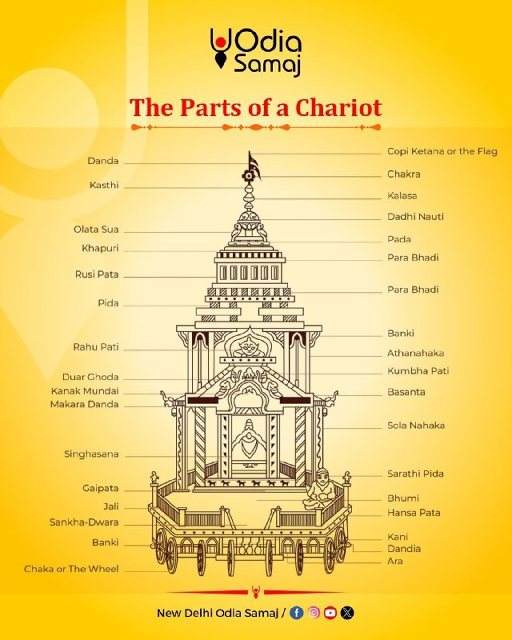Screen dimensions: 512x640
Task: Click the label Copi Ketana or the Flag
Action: [442, 151]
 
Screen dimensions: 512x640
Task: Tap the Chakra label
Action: [404, 174]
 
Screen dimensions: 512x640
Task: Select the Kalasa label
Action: [402, 195]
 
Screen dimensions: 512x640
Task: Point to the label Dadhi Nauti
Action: [415, 217]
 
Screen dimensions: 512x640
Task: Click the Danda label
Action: [103, 161]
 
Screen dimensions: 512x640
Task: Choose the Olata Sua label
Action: [96, 230]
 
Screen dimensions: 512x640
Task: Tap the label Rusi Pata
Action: [97, 274]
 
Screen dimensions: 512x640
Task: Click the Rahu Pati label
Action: [96, 347]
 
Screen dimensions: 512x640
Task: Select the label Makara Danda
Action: [85, 405]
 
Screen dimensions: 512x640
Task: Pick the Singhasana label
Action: [91, 454]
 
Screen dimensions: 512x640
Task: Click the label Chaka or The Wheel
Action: [71, 569]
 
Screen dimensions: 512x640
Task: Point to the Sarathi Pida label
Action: [415, 474]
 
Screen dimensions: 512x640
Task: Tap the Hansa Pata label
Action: [414, 513]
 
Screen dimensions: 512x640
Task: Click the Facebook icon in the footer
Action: [297, 613]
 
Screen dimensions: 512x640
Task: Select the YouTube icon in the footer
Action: [330, 613]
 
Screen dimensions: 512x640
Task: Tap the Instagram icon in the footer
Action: [314, 613]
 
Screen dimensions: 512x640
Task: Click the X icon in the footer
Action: [347, 613]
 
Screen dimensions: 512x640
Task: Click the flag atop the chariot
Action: [254, 164]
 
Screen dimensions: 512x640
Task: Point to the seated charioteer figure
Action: [321, 489]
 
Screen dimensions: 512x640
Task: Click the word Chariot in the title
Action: [338, 108]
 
